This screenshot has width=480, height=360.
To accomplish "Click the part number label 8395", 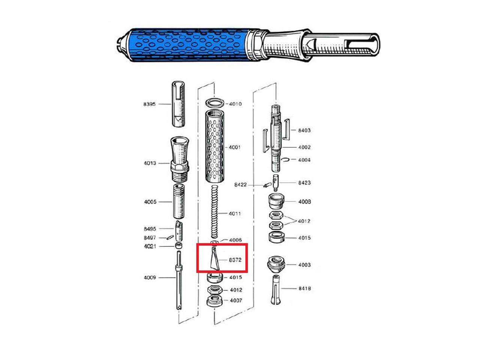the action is [149, 104].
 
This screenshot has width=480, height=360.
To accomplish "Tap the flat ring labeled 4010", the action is [215, 103].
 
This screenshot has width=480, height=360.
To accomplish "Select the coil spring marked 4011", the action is [215, 211].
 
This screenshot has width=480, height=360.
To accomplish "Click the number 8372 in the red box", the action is [235, 260].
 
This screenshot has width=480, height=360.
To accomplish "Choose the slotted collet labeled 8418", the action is [276, 290].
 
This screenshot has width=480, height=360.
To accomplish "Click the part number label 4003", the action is [304, 265].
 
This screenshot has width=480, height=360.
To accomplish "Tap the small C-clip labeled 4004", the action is [285, 160].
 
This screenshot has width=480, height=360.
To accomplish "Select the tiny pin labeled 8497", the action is [170, 237].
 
